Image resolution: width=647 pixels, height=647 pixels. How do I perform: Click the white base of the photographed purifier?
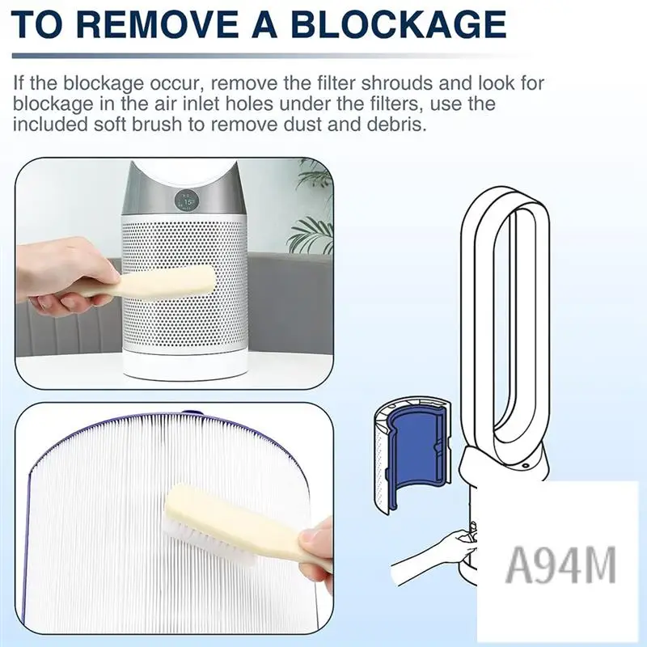[201, 365]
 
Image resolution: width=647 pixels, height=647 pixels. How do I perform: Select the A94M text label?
[560, 564]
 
